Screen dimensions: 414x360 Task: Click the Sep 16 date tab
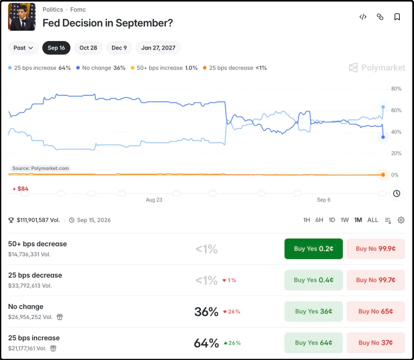click(56, 48)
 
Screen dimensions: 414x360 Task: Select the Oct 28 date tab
click(88, 48)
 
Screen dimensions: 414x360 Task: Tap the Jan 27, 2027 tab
click(158, 48)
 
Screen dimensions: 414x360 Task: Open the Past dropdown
click(23, 48)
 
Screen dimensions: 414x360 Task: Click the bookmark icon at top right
click(397, 17)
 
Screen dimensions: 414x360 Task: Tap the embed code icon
click(363, 17)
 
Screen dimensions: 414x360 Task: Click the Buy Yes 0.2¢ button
click(314, 249)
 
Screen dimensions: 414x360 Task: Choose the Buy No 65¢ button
click(375, 311)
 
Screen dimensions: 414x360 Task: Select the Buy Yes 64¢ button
click(314, 343)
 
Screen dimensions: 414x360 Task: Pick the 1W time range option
click(345, 220)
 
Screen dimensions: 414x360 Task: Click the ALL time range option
click(373, 220)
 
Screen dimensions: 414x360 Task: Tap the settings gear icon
click(401, 220)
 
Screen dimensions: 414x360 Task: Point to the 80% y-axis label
click(396, 89)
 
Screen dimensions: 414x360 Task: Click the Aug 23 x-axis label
click(154, 200)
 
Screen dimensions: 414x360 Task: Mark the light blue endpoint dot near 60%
click(383, 107)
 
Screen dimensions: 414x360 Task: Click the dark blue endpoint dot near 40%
click(383, 137)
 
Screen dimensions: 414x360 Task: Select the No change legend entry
click(100, 68)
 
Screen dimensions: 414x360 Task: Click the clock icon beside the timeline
click(396, 193)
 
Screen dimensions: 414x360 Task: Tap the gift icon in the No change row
click(60, 317)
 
